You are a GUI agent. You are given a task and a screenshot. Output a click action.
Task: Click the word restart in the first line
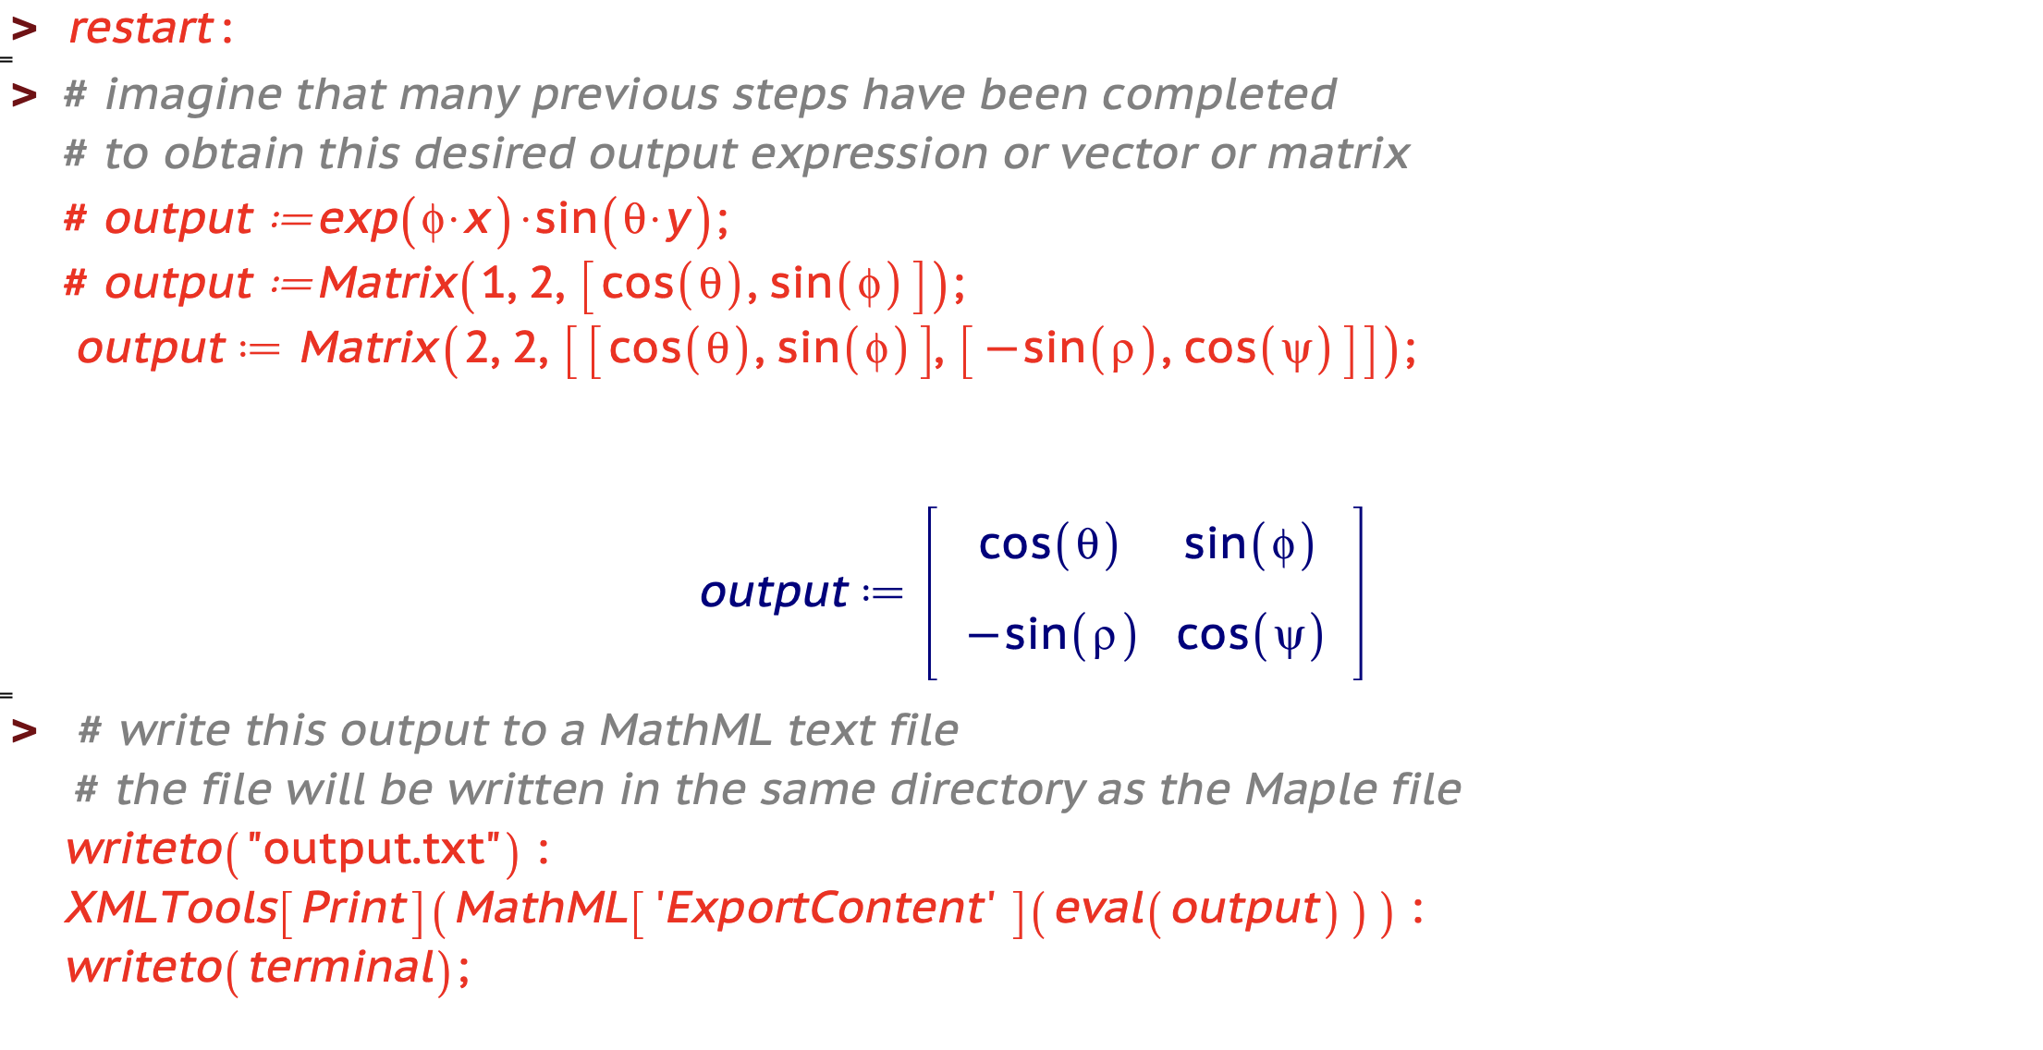[x=141, y=29]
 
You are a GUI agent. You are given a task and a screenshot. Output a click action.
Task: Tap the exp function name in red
[x=359, y=220]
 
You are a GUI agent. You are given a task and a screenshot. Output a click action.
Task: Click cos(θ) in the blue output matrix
[x=1048, y=543]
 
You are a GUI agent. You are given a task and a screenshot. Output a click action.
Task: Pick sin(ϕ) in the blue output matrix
[x=1249, y=543]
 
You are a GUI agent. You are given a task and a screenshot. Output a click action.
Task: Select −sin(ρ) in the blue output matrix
[x=1052, y=635]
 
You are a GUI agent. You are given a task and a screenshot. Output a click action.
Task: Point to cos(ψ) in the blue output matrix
[x=1250, y=635]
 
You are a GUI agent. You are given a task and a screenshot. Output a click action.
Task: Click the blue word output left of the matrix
[x=774, y=592]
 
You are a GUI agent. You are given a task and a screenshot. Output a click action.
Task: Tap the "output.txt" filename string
[x=374, y=849]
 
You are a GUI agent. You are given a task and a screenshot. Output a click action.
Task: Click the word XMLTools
[x=172, y=908]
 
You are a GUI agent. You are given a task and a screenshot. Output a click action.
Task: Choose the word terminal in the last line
[x=342, y=968]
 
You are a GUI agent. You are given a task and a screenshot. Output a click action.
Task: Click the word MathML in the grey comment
[x=686, y=730]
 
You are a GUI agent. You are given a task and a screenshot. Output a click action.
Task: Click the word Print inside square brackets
[x=355, y=908]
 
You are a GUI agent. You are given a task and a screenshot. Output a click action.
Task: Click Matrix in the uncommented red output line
[x=369, y=348]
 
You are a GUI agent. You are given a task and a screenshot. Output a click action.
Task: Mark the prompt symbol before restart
[x=24, y=29]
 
